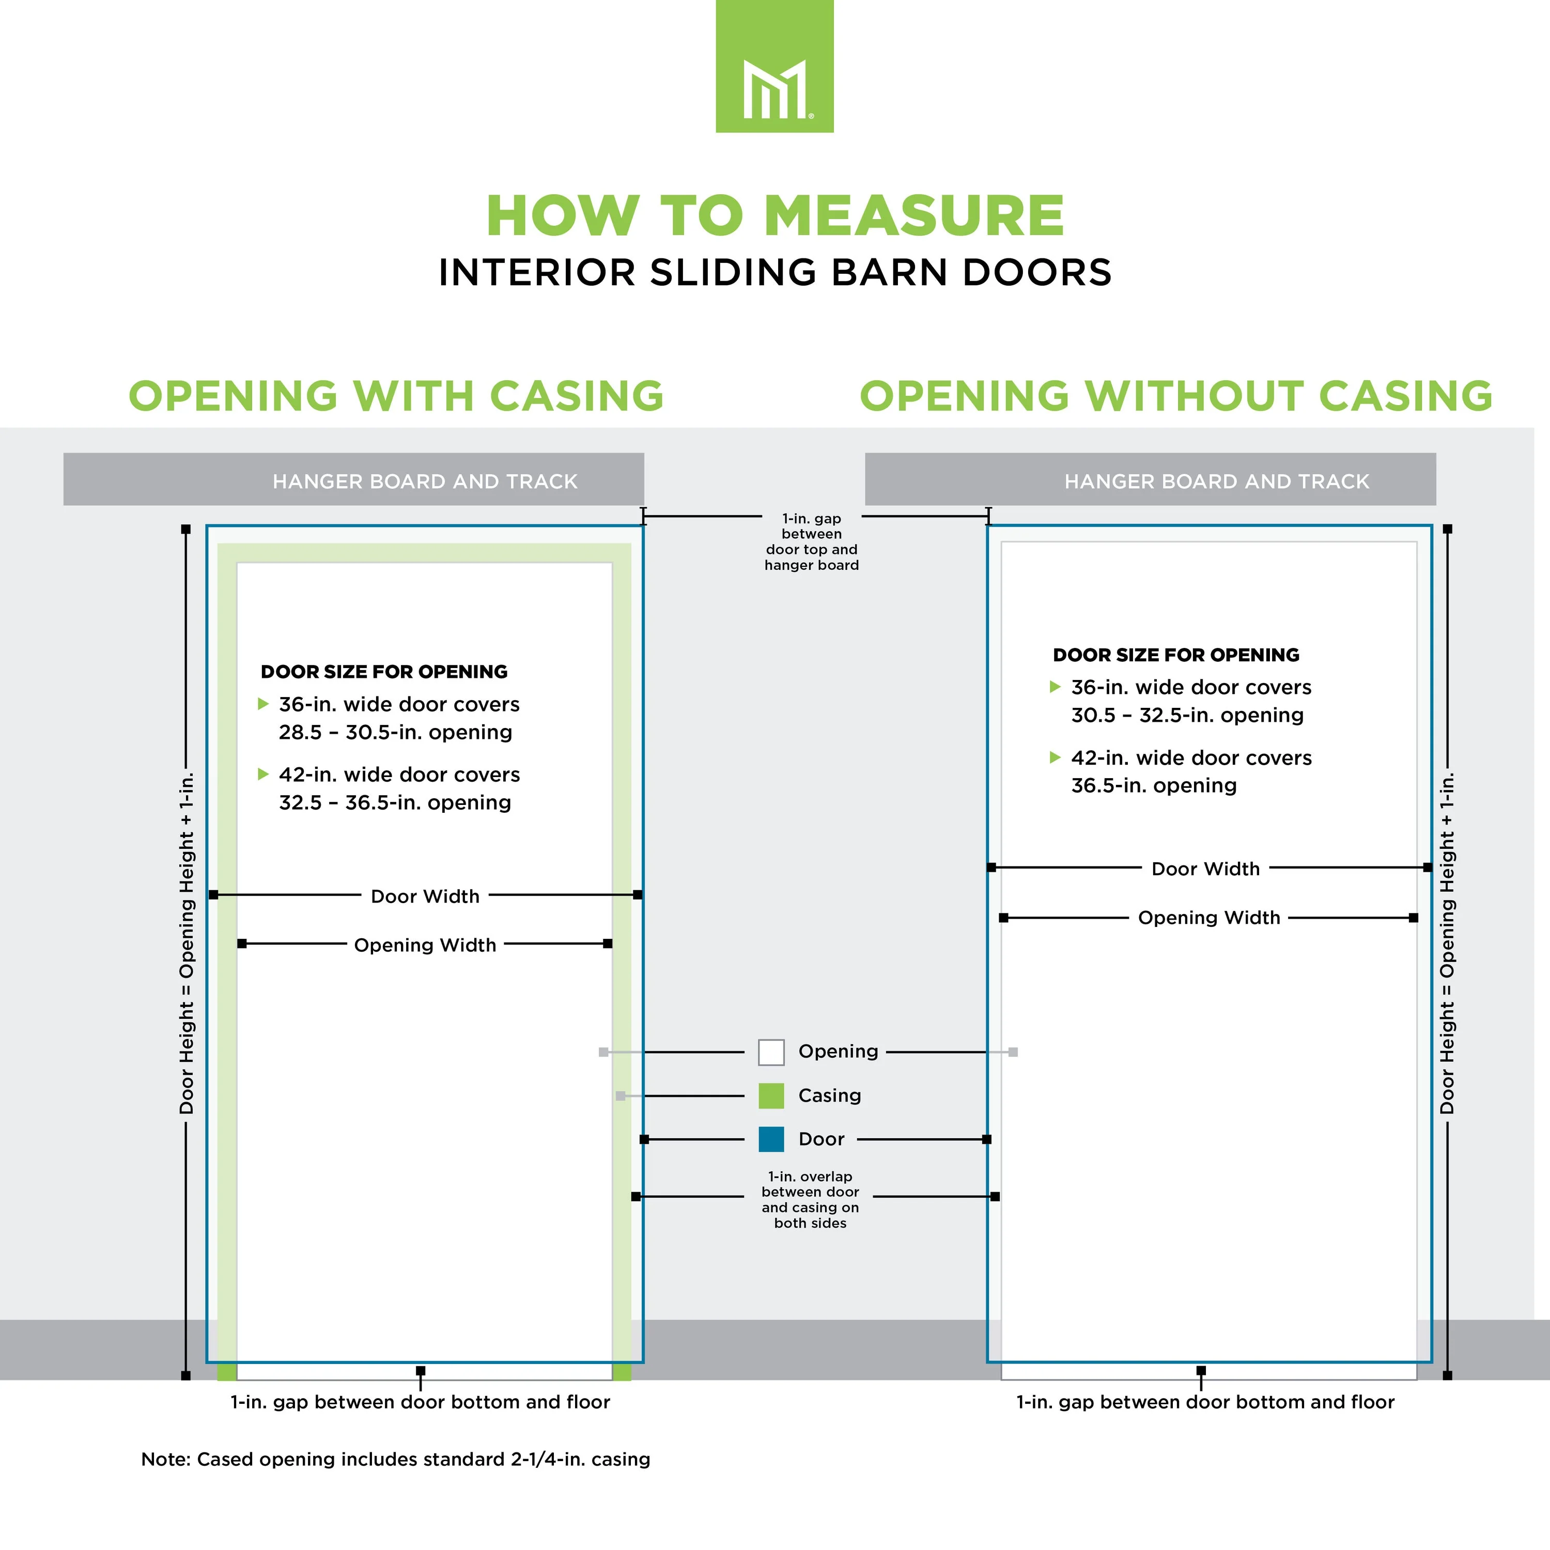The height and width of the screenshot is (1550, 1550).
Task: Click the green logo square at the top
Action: click(774, 66)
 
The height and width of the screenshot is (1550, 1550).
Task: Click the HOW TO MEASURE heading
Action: click(775, 216)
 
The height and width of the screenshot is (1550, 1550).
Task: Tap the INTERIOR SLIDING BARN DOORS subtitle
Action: click(775, 273)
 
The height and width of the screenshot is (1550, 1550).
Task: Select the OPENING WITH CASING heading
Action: click(396, 396)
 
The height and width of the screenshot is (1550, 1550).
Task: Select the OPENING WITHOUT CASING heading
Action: click(1176, 396)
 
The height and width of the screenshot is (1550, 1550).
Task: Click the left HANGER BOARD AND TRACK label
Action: click(425, 482)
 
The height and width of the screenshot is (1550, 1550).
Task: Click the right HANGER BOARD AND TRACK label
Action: click(1217, 482)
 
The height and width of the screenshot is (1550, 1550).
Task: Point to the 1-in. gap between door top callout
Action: click(811, 541)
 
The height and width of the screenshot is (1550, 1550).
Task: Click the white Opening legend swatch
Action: click(771, 1052)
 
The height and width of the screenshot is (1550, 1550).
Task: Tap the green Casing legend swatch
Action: click(771, 1096)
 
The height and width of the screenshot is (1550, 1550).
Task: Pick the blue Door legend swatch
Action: click(771, 1139)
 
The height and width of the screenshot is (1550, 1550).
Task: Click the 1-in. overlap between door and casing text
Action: click(810, 1199)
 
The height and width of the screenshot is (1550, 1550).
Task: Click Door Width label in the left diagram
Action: click(425, 896)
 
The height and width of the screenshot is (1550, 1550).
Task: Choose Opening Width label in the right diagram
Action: click(1209, 918)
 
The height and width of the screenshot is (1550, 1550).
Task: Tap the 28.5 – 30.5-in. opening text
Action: click(396, 733)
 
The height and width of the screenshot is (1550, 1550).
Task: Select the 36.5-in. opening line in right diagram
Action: click(1154, 785)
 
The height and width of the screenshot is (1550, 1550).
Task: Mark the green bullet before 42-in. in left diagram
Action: click(262, 774)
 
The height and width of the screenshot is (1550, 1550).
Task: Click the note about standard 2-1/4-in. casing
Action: click(396, 1460)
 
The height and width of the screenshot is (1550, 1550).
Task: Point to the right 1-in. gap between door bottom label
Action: click(1205, 1402)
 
